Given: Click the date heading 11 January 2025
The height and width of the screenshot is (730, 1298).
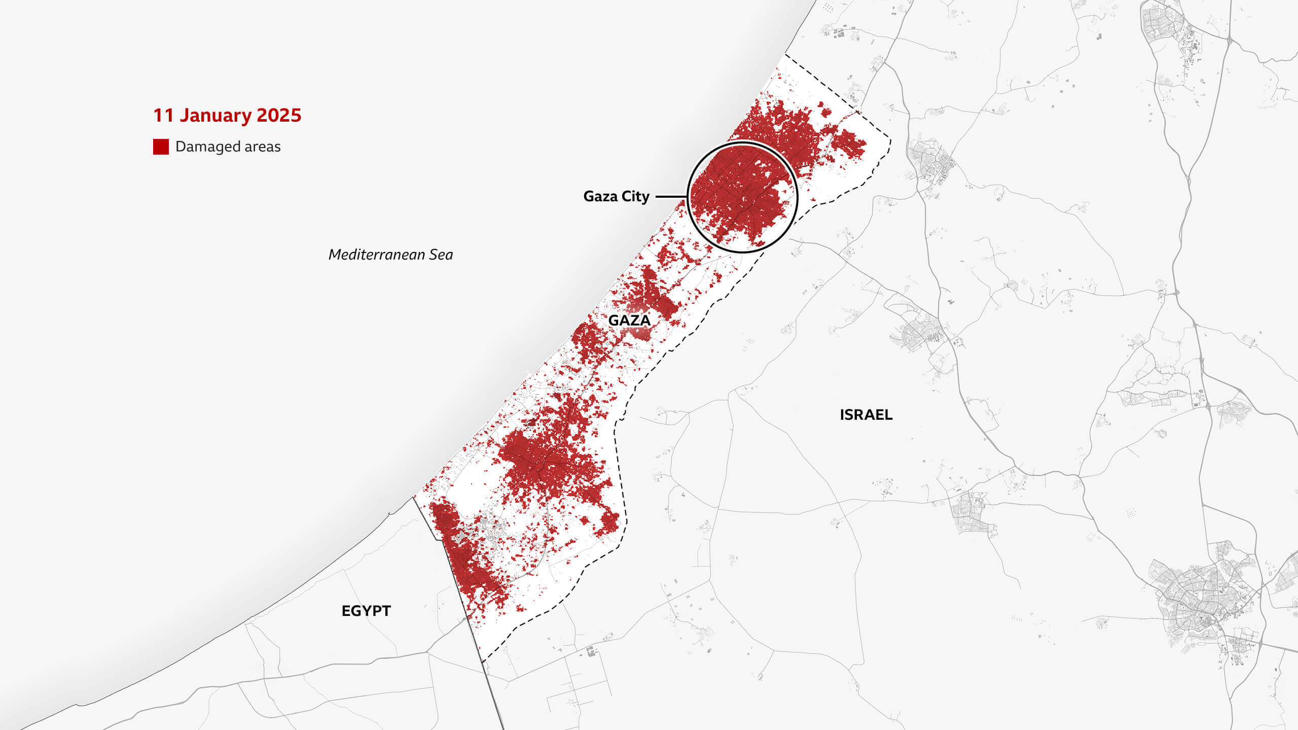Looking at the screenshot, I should [x=227, y=116].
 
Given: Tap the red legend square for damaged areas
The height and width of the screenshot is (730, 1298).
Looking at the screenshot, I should [x=161, y=147].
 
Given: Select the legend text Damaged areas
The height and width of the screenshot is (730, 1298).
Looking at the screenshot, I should [x=228, y=147].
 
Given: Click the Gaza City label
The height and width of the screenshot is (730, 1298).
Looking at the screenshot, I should [x=616, y=196].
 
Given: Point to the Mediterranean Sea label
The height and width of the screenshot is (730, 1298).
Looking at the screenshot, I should [x=390, y=254].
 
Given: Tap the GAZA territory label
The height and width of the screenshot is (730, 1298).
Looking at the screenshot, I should [x=629, y=320].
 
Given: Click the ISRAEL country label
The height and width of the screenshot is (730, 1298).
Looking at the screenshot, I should [x=866, y=415].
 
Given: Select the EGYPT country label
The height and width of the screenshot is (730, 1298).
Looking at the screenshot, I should [x=366, y=611].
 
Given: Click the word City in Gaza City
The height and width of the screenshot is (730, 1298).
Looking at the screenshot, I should [x=635, y=196].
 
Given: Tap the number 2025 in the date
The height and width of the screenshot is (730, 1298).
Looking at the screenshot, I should [x=279, y=116].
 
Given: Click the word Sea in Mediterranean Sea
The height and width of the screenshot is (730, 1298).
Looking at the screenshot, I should [x=441, y=254].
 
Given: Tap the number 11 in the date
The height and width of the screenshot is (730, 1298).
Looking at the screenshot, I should [x=163, y=116].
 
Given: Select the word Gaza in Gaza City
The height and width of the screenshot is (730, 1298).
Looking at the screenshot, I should [x=601, y=196].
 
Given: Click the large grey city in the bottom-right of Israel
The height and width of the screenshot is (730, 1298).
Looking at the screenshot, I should [x=1202, y=603].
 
